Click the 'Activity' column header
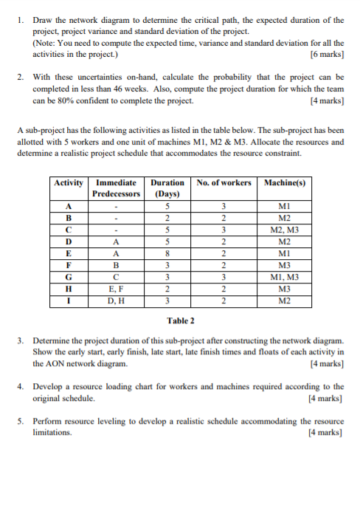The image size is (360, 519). (69, 182)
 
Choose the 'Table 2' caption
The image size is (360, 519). (180, 320)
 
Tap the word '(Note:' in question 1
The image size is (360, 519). (46, 43)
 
